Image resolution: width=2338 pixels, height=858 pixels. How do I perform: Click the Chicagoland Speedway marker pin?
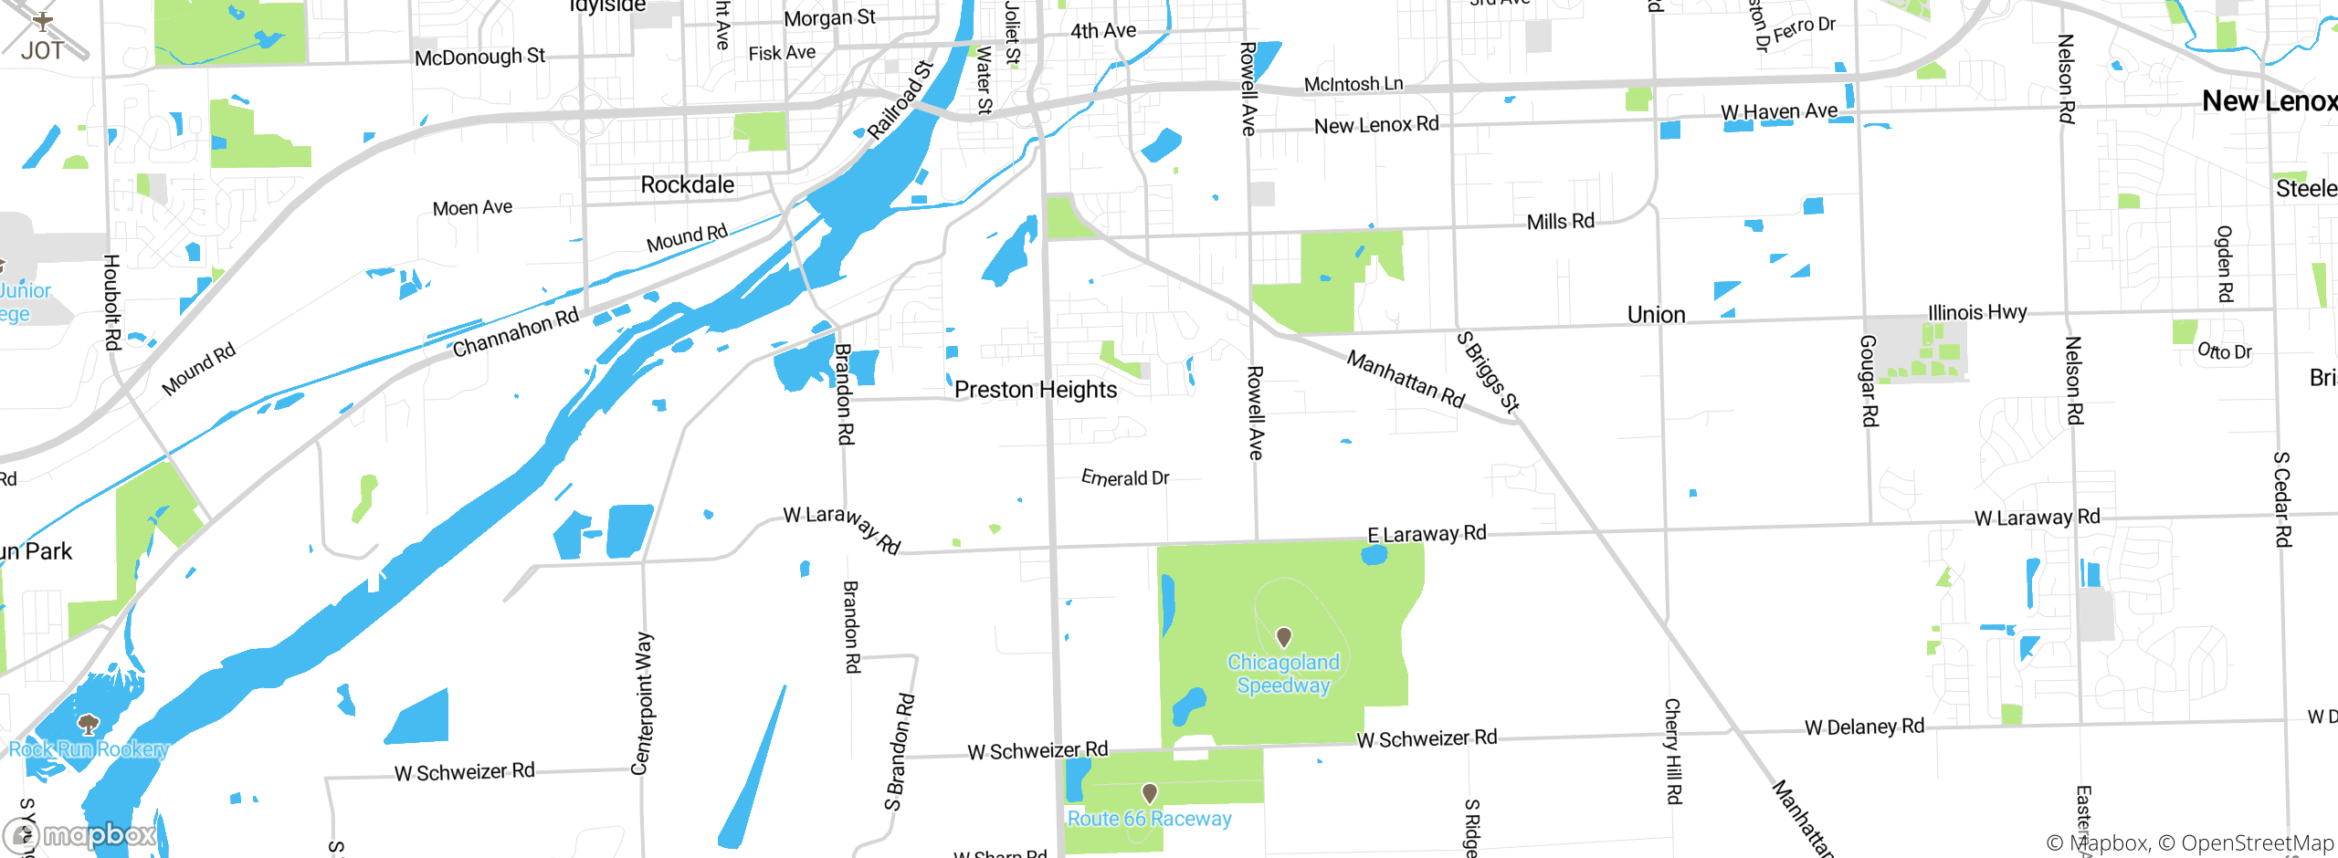tap(1283, 636)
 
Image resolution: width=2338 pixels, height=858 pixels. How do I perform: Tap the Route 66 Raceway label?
tap(1149, 819)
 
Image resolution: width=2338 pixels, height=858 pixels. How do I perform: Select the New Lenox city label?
tap(2269, 100)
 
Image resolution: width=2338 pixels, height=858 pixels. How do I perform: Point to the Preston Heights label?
tap(1036, 390)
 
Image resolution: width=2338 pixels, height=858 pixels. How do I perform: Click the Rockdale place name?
tap(687, 185)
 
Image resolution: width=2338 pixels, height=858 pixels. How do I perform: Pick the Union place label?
tap(1656, 315)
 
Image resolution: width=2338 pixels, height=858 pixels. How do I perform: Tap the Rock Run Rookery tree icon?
tap(88, 725)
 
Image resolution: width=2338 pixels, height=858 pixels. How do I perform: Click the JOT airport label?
tap(42, 50)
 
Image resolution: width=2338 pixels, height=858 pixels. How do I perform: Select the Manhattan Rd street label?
tap(1406, 379)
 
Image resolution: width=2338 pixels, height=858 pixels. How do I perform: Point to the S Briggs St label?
tap(1488, 372)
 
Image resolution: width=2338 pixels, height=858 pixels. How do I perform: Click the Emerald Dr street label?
tap(1125, 477)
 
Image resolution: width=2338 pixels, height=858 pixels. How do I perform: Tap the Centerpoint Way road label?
tap(643, 703)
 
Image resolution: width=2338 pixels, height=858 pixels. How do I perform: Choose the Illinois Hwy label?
tap(1977, 312)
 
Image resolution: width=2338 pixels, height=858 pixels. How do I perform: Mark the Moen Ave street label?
tap(472, 208)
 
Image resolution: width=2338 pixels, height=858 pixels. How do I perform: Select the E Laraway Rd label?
tap(1427, 533)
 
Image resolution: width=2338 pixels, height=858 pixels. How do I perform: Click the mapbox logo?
tap(80, 834)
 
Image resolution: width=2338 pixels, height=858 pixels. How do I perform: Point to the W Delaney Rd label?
tap(1864, 727)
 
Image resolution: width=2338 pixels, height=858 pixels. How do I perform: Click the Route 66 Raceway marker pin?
tap(1150, 792)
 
